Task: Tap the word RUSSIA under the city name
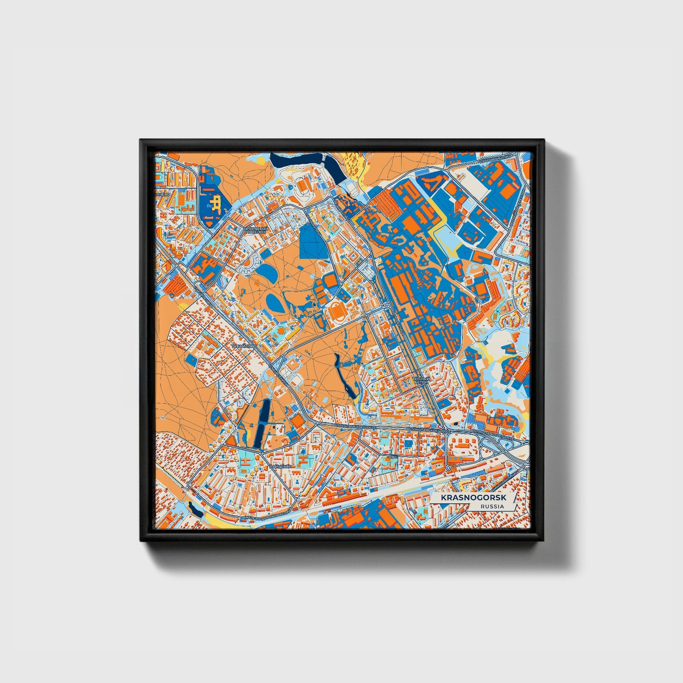492,507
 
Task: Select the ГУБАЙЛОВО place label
244,346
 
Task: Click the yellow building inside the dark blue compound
216,203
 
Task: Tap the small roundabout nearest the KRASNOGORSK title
448,468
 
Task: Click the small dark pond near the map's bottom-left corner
194,508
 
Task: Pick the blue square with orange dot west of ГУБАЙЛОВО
191,360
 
